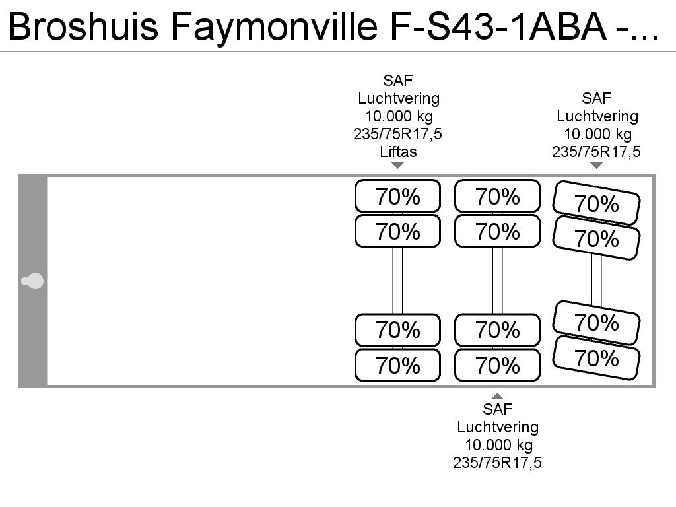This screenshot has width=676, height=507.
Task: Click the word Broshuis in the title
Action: (83, 26)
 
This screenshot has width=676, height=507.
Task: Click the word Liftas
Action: (398, 152)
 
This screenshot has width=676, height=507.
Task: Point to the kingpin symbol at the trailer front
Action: (33, 281)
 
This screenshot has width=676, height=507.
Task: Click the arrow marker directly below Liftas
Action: (398, 166)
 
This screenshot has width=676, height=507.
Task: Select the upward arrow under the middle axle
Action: (498, 396)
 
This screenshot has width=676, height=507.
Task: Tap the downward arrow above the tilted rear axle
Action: (596, 166)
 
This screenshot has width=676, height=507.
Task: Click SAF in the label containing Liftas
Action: (398, 80)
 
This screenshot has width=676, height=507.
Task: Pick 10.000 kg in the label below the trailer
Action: (498, 445)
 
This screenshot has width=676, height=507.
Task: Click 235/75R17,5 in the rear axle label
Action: (596, 152)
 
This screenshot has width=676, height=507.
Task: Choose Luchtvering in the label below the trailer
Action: (498, 427)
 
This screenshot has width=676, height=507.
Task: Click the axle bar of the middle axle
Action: (498, 280)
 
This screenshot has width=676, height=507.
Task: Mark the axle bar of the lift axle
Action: (398, 280)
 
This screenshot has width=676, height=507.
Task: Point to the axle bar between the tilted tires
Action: (596, 280)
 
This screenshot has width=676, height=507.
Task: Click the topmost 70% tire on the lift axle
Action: (398, 196)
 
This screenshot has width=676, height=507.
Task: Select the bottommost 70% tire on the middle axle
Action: (498, 365)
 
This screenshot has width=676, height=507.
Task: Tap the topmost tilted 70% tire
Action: (596, 203)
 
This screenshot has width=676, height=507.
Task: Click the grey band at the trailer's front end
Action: (33, 281)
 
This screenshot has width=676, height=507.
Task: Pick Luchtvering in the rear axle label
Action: (597, 116)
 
